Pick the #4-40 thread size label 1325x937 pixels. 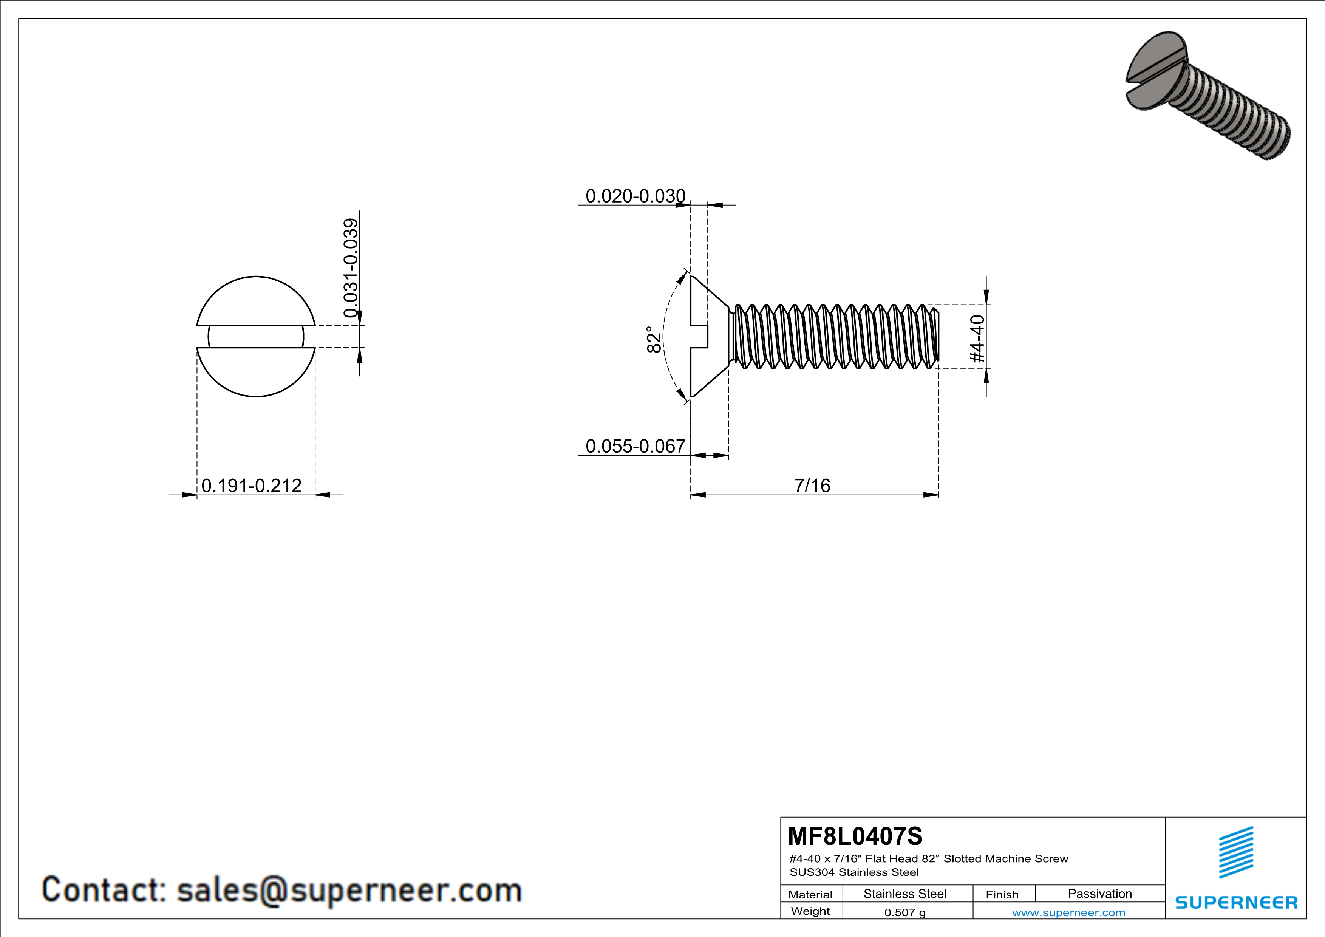[x=977, y=339]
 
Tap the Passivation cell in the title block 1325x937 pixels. [x=1099, y=894]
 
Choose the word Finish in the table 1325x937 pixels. [x=1002, y=894]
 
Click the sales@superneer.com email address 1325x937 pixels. [x=349, y=890]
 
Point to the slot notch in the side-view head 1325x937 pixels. [x=699, y=336]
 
